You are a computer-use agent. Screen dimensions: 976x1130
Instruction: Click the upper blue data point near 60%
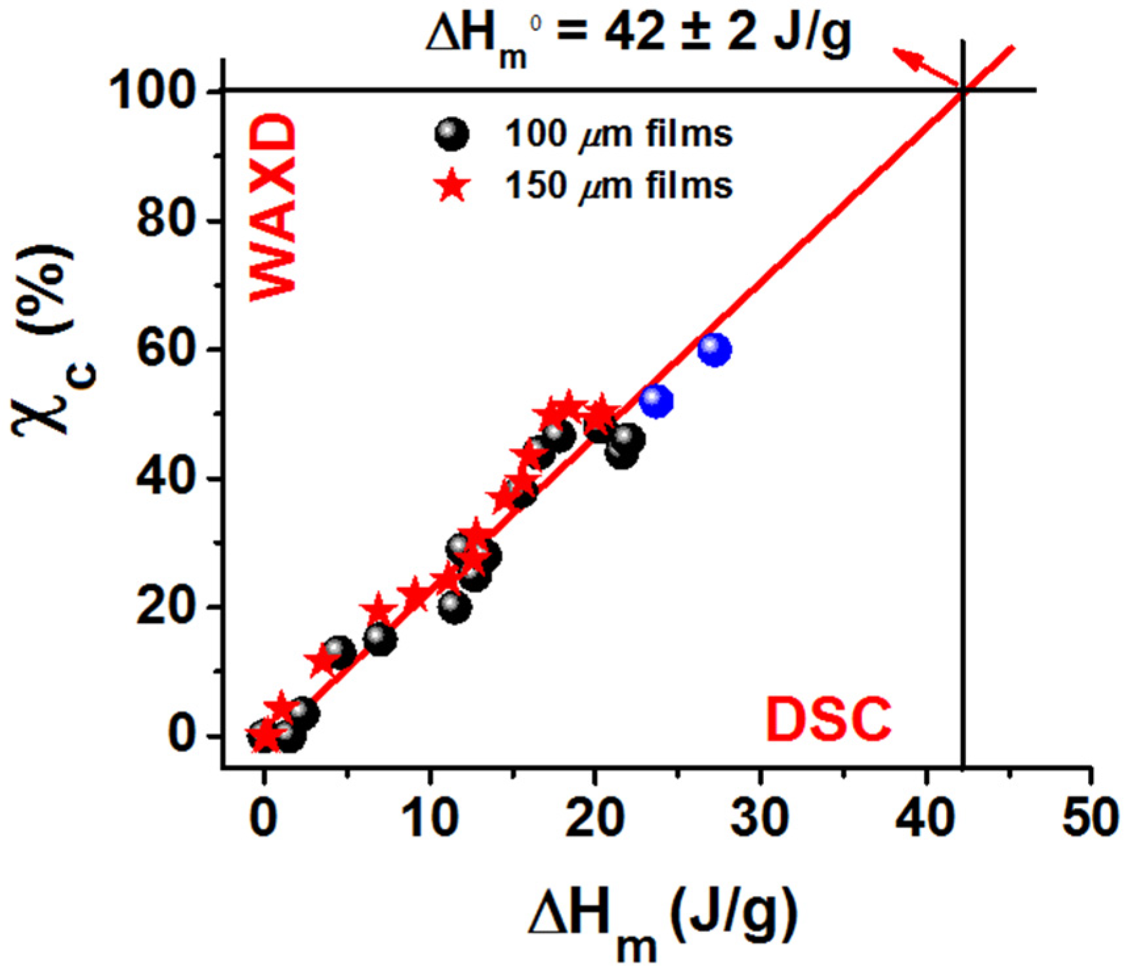(x=714, y=349)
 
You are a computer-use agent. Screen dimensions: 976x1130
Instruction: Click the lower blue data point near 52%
(x=656, y=401)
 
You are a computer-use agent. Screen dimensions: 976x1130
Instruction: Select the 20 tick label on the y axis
(x=168, y=607)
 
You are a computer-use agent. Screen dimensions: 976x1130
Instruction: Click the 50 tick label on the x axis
(x=1090, y=818)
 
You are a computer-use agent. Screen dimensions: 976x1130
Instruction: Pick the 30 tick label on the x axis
(x=759, y=818)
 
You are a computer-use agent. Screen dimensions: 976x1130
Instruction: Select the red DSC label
(x=828, y=720)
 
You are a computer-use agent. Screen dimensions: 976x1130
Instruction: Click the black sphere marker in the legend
(x=451, y=135)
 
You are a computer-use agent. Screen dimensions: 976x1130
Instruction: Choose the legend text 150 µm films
(x=618, y=186)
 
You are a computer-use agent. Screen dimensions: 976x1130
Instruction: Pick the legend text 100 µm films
(x=618, y=135)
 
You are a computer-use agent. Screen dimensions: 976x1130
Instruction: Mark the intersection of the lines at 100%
(x=962, y=91)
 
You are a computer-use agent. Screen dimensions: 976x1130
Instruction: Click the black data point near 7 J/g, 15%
(x=380, y=639)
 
